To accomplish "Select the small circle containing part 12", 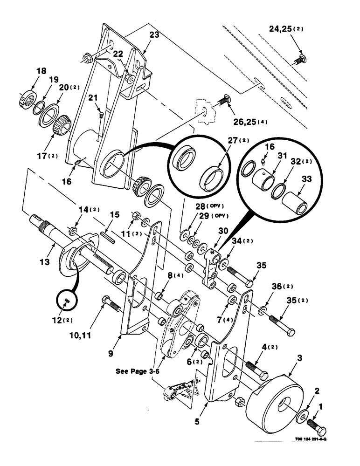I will (x=68, y=302).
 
